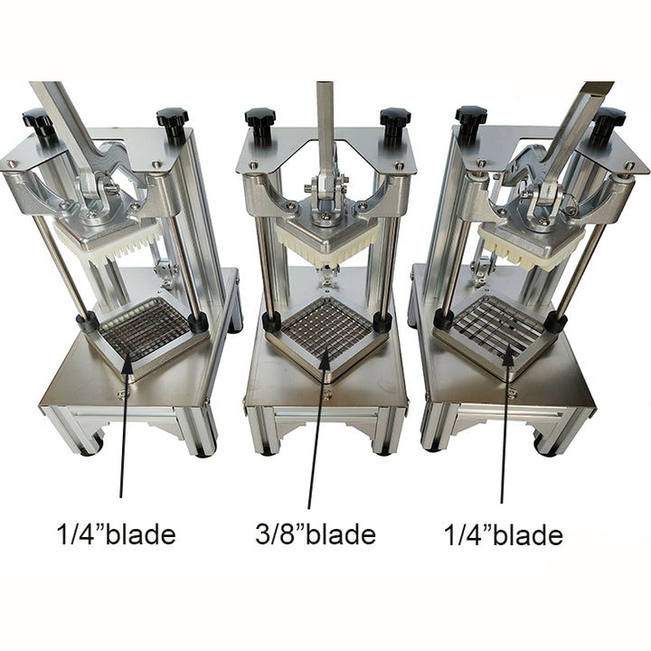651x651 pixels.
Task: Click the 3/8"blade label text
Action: (316, 534)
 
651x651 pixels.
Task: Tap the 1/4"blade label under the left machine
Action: (116, 534)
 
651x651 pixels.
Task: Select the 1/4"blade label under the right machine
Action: (504, 534)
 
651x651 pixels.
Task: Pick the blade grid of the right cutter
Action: (498, 329)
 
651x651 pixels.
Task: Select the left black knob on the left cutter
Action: (39, 121)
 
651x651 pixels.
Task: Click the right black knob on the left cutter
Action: (173, 120)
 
